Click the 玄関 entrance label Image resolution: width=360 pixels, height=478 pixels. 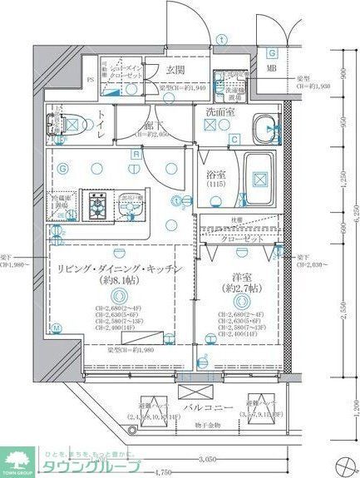click(x=175, y=71)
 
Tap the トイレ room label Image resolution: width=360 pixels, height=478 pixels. click(x=101, y=125)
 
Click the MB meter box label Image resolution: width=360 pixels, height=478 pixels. click(x=271, y=67)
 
